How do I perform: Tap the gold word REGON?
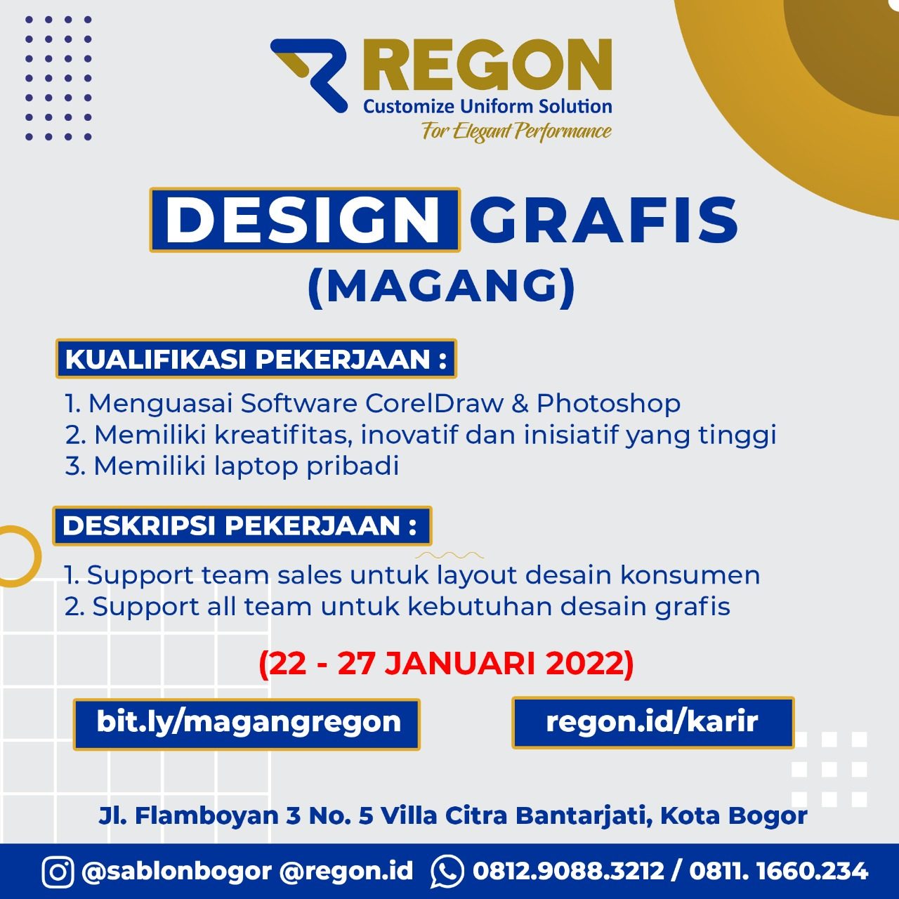(487, 65)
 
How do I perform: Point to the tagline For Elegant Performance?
(516, 131)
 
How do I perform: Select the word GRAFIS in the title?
(604, 220)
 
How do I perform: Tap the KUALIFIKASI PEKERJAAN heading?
(256, 359)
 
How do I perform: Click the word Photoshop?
(608, 404)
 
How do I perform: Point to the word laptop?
(256, 467)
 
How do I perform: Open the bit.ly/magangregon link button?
(247, 724)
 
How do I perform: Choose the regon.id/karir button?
(652, 723)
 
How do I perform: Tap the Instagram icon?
(58, 872)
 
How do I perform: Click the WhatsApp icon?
(447, 872)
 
